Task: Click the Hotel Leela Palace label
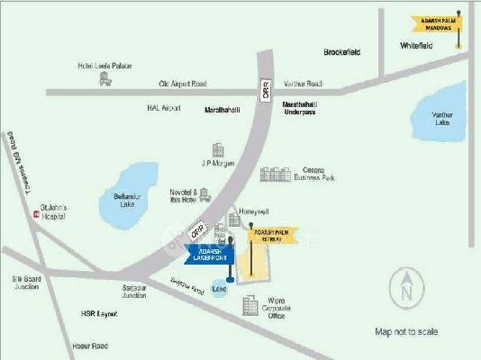104,65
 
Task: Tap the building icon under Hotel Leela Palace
104,79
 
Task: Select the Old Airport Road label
183,84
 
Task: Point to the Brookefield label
342,52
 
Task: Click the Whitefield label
418,44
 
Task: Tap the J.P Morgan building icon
218,148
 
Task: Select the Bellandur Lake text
134,197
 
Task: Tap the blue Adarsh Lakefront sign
209,254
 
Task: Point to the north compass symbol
407,289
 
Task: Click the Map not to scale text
406,331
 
